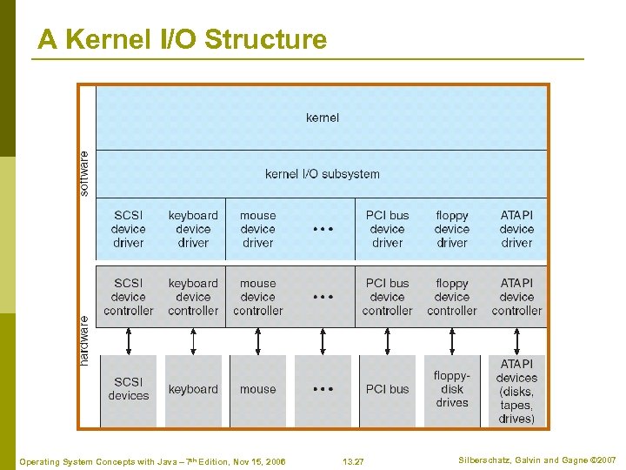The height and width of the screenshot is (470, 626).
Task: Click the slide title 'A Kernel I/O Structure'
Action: tap(183, 40)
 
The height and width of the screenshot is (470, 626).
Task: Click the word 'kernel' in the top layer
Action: tap(323, 117)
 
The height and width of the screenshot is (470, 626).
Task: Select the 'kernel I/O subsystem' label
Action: tap(323, 174)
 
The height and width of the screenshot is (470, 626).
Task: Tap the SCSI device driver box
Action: tap(129, 229)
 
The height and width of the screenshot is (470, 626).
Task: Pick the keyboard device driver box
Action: tap(193, 229)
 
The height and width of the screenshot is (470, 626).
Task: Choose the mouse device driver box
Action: tap(258, 229)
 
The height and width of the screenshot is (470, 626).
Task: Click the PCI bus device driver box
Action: tap(387, 229)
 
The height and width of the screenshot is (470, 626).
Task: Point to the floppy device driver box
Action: tap(452, 229)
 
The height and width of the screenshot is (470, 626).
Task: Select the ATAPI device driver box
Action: tap(516, 229)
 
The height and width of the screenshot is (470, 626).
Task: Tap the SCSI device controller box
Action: tap(129, 297)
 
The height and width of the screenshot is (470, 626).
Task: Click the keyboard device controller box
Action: tap(193, 297)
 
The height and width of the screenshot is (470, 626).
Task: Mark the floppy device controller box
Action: tap(452, 297)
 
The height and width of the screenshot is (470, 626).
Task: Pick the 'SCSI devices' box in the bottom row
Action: tap(129, 389)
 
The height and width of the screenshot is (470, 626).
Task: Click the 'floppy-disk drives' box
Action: tap(452, 389)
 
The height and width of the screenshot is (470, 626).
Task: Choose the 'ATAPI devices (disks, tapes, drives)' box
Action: tap(516, 391)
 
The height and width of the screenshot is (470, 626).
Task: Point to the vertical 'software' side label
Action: tap(84, 173)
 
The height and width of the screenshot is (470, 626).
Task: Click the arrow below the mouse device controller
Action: tap(258, 340)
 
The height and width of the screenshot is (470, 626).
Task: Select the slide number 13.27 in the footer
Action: tap(354, 460)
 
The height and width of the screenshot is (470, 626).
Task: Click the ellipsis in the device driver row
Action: tap(323, 229)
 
